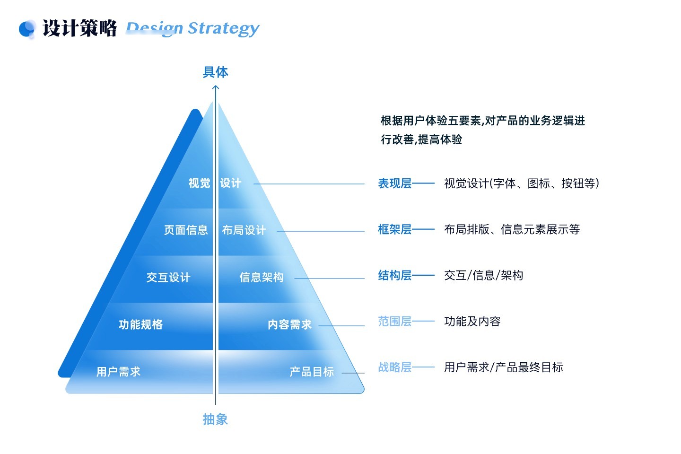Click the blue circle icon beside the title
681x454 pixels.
pyautogui.click(x=26, y=28)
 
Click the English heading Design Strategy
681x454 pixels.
pyautogui.click(x=193, y=28)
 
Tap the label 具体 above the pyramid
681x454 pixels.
pyautogui.click(x=215, y=72)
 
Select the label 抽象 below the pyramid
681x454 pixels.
pyautogui.click(x=215, y=419)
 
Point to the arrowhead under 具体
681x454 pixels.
pyautogui.click(x=216, y=87)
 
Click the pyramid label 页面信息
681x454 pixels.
pyautogui.click(x=186, y=230)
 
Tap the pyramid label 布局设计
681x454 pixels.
pyautogui.click(x=244, y=230)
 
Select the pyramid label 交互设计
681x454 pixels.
pyautogui.click(x=168, y=277)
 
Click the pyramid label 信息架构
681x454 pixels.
pyautogui.click(x=262, y=277)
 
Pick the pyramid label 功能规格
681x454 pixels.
pyautogui.click(x=140, y=324)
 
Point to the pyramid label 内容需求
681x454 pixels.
pyautogui.click(x=289, y=324)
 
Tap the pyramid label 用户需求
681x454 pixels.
pyautogui.click(x=118, y=372)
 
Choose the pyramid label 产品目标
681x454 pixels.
pyautogui.click(x=312, y=372)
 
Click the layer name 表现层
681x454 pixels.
pyautogui.click(x=394, y=183)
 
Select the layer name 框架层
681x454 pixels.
pyautogui.click(x=394, y=229)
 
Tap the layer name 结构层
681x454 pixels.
pyautogui.click(x=394, y=275)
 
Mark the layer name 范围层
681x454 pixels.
pyautogui.click(x=394, y=321)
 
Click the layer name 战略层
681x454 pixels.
pyautogui.click(x=394, y=367)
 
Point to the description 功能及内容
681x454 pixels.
pyautogui.click(x=472, y=321)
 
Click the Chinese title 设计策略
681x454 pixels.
pyautogui.click(x=79, y=28)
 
